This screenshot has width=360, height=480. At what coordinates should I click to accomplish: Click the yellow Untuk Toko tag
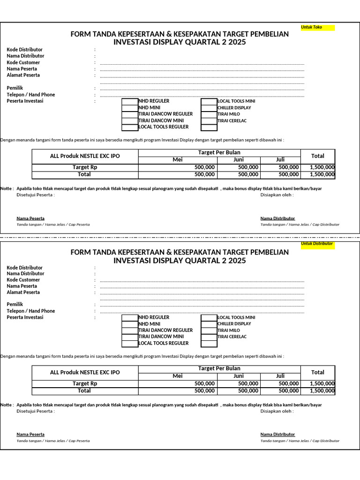pos(317,28)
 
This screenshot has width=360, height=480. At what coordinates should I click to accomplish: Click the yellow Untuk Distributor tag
pos(317,244)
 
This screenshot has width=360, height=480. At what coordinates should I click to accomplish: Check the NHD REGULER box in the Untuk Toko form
pos(130,101)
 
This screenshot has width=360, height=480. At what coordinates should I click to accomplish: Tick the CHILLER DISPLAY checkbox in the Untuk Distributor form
pos(209,324)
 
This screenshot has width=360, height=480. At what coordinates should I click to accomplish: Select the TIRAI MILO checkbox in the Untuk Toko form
pos(209,114)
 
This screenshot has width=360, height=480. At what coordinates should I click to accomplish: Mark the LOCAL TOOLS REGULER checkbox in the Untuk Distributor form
pos(130,344)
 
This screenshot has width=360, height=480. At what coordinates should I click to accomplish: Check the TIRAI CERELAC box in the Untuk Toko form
pos(209,121)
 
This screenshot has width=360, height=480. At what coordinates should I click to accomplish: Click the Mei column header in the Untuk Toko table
pos(177,160)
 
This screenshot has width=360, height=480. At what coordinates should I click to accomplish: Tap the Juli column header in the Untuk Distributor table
pos(280,376)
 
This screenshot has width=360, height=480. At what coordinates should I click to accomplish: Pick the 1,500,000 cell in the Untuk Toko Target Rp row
pos(322,167)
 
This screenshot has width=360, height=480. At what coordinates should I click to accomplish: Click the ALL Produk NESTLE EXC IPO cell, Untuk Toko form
pos(85,156)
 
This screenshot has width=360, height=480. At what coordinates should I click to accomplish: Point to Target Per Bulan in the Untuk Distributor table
pos(219,368)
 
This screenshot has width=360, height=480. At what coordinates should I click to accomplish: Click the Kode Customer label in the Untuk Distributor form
pos(23,280)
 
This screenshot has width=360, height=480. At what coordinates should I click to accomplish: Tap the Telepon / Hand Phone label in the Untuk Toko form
pos(30,95)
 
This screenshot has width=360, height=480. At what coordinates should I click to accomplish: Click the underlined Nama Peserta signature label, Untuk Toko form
pos(30,218)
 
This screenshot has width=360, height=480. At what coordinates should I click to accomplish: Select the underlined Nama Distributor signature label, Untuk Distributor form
pos(277,435)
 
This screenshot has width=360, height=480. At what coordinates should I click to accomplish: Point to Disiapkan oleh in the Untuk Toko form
pos(277,195)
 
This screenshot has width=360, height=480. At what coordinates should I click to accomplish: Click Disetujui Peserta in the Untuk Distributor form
pos(36,412)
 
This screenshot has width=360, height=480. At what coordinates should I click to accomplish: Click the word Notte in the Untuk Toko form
pos(6,189)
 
